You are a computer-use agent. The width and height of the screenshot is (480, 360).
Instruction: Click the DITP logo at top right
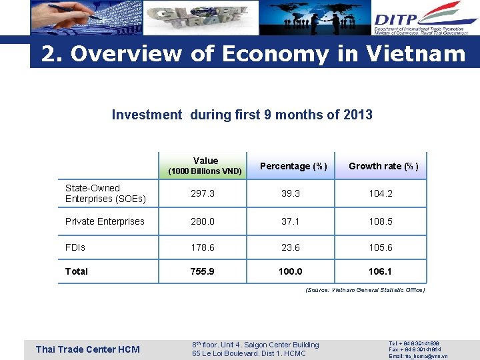coord(425,17)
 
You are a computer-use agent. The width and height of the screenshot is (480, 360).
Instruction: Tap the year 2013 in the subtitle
coord(357,115)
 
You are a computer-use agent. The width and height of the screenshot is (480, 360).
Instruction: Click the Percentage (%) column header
coord(293,166)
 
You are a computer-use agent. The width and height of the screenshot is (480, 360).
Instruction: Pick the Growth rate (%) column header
coord(383,166)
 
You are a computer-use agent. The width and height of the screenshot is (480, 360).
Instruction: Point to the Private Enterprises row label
coord(105,221)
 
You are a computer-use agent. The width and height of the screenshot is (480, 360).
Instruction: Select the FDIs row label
coord(75,247)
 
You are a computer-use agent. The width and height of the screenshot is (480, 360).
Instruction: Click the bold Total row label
coord(77,271)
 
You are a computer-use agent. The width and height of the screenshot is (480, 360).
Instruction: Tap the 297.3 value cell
coord(203,193)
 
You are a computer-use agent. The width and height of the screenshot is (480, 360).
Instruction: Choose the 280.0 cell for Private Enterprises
coord(203,221)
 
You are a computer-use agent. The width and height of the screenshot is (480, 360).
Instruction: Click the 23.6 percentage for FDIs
coord(291,247)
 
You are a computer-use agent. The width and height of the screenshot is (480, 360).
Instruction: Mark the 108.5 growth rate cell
coord(380,221)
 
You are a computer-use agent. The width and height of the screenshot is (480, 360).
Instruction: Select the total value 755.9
coord(203,271)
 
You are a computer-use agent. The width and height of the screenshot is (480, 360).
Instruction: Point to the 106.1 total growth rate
coord(380,271)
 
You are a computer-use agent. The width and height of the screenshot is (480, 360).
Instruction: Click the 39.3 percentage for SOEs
coord(291,193)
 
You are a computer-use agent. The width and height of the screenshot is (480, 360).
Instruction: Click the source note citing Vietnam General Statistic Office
coord(365,290)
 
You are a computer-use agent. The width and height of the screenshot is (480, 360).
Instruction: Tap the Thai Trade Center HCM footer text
coord(87,349)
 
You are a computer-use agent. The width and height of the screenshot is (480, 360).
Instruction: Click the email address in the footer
coord(418,356)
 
